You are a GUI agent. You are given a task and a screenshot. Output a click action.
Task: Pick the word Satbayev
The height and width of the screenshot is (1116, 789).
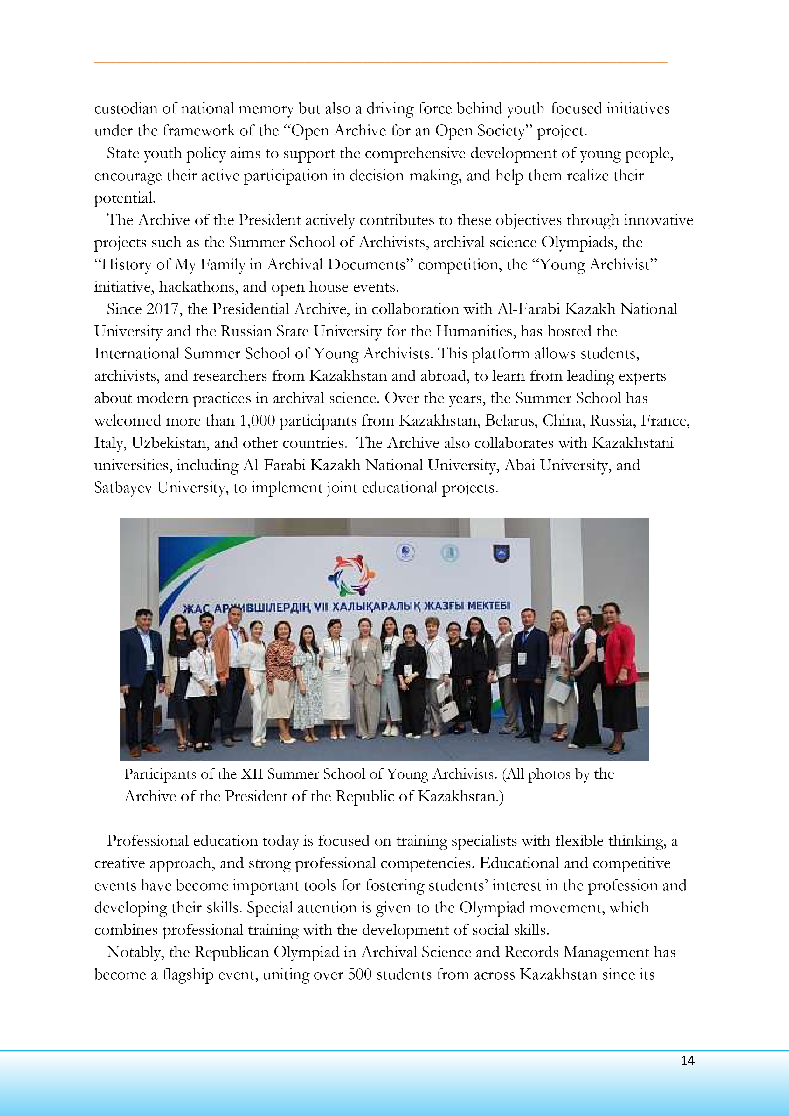coord(123,488)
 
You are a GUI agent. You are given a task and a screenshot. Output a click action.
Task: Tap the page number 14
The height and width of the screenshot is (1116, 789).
coord(687,1061)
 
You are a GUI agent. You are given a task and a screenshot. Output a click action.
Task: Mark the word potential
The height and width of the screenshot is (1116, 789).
coord(124,198)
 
